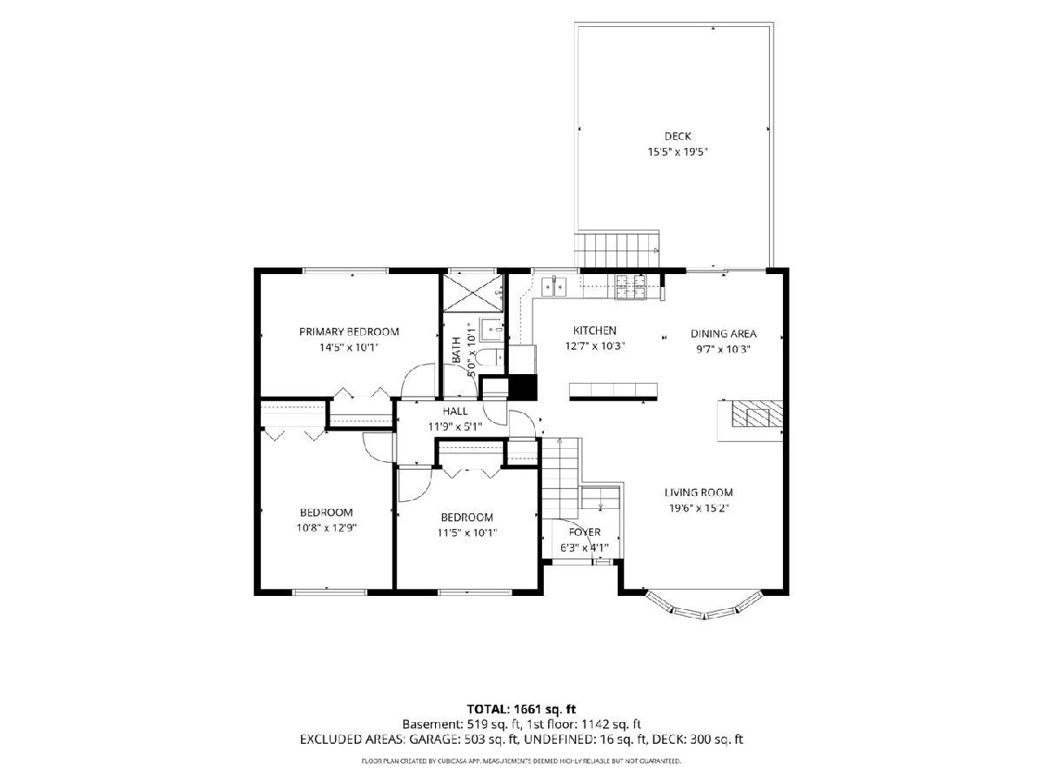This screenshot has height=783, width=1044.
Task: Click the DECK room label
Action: click(677, 137)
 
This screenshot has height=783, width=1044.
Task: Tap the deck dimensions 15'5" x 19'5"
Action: click(677, 152)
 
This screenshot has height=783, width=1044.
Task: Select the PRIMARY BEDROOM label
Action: click(349, 331)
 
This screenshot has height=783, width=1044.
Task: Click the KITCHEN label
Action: click(594, 331)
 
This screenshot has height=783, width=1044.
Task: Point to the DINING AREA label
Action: click(723, 334)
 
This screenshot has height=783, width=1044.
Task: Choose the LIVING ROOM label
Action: click(699, 492)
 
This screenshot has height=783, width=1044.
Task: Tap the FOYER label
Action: click(585, 532)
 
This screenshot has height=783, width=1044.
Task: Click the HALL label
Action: click(455, 412)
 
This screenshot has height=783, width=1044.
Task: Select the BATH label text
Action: click(456, 351)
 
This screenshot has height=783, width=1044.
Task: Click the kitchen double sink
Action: click(554, 287)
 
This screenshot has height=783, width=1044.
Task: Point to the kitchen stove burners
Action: click(631, 287)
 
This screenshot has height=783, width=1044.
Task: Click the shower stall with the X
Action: click(472, 293)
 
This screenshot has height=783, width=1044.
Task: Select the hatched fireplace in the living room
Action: click(756, 413)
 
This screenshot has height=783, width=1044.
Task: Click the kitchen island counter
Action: click(613, 391)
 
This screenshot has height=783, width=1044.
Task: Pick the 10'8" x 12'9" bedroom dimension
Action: click(326, 528)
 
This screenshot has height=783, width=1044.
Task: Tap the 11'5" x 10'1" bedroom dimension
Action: click(467, 532)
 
